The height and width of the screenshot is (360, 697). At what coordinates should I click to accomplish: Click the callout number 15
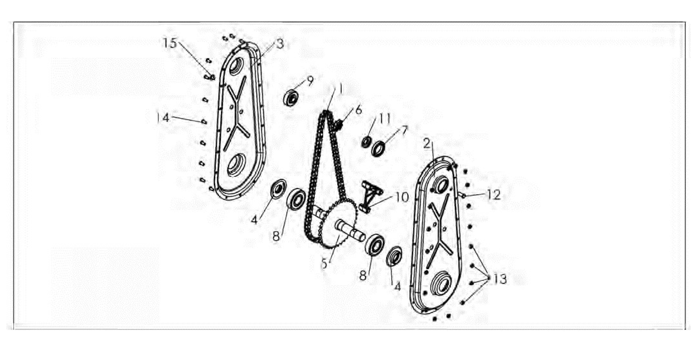pyautogui.click(x=170, y=43)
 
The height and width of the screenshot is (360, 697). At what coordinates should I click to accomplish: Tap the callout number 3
pyautogui.click(x=280, y=44)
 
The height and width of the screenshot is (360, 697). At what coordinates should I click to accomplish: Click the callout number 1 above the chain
pyautogui.click(x=341, y=89)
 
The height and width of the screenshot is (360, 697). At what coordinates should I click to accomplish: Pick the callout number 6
pyautogui.click(x=359, y=110)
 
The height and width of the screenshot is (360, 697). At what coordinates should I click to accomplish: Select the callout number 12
pyautogui.click(x=494, y=195)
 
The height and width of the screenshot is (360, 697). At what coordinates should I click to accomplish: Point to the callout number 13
pyautogui.click(x=500, y=279)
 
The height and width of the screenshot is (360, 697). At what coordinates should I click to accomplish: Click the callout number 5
pyautogui.click(x=325, y=264)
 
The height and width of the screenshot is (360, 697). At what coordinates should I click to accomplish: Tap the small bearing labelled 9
pyautogui.click(x=291, y=98)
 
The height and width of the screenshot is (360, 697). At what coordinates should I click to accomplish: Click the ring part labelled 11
pyautogui.click(x=367, y=141)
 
